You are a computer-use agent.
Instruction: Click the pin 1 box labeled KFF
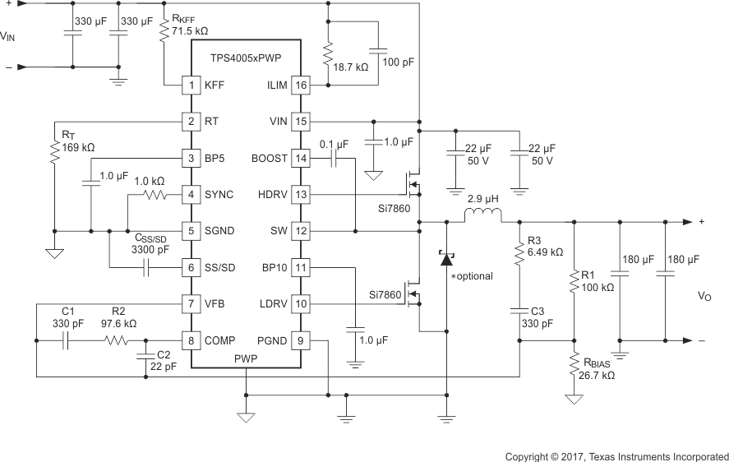point(191,85)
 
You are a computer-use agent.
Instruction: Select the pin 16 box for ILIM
point(300,85)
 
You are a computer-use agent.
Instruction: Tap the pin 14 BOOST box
point(300,158)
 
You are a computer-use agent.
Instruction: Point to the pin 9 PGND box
point(300,340)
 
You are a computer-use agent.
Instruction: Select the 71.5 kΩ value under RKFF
point(190,31)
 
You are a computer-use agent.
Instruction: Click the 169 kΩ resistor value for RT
point(77,148)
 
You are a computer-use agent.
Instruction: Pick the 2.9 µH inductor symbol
point(482,216)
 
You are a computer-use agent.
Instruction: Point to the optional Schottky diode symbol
point(447,259)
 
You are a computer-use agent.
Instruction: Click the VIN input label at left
point(7,36)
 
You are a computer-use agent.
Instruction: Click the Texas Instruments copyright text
point(616,455)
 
